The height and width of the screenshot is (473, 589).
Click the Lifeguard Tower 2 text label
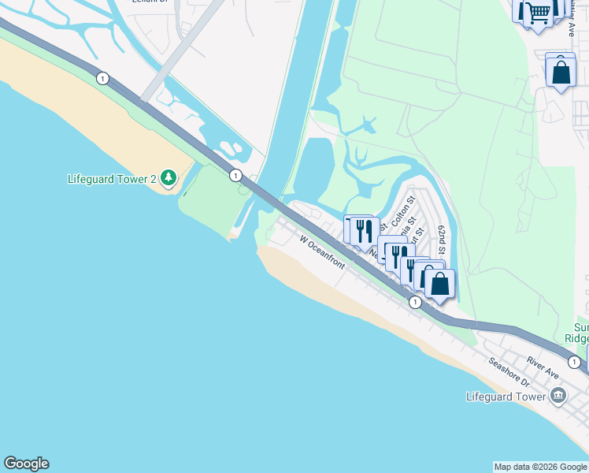pyautogui.click(x=112, y=179)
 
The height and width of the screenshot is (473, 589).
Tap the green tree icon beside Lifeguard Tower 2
pyautogui.click(x=168, y=178)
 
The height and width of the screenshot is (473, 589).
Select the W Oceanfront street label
pyautogui.click(x=322, y=251)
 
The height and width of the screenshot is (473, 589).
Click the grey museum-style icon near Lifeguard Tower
pyautogui.click(x=558, y=396)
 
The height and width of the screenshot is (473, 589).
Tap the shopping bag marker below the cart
pyautogui.click(x=561, y=73)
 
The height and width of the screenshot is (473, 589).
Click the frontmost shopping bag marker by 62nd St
pyautogui.click(x=439, y=284)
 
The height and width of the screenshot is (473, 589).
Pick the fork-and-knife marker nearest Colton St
pyautogui.click(x=363, y=230)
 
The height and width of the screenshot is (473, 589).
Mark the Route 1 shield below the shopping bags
pyautogui.click(x=415, y=302)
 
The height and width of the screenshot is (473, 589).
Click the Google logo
pyautogui.click(x=26, y=464)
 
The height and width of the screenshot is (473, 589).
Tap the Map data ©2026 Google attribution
pyautogui.click(x=540, y=467)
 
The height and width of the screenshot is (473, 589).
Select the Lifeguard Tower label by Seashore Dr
pyautogui.click(x=506, y=397)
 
